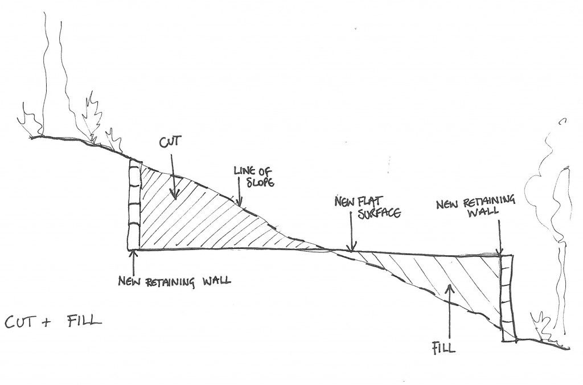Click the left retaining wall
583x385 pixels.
pos(134,205)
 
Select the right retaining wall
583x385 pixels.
pos(508,298)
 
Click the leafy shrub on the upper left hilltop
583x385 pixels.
pos(94,120)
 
